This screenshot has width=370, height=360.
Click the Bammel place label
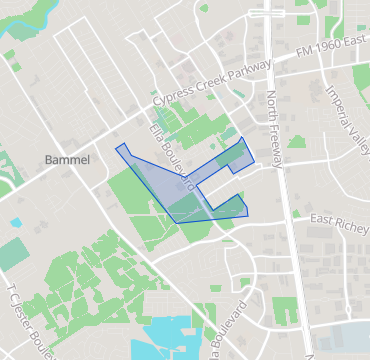point(68,160)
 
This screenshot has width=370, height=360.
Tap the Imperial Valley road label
point(343,113)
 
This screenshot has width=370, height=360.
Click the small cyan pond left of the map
point(15,222)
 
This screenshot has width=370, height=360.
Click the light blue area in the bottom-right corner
point(345,340)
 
